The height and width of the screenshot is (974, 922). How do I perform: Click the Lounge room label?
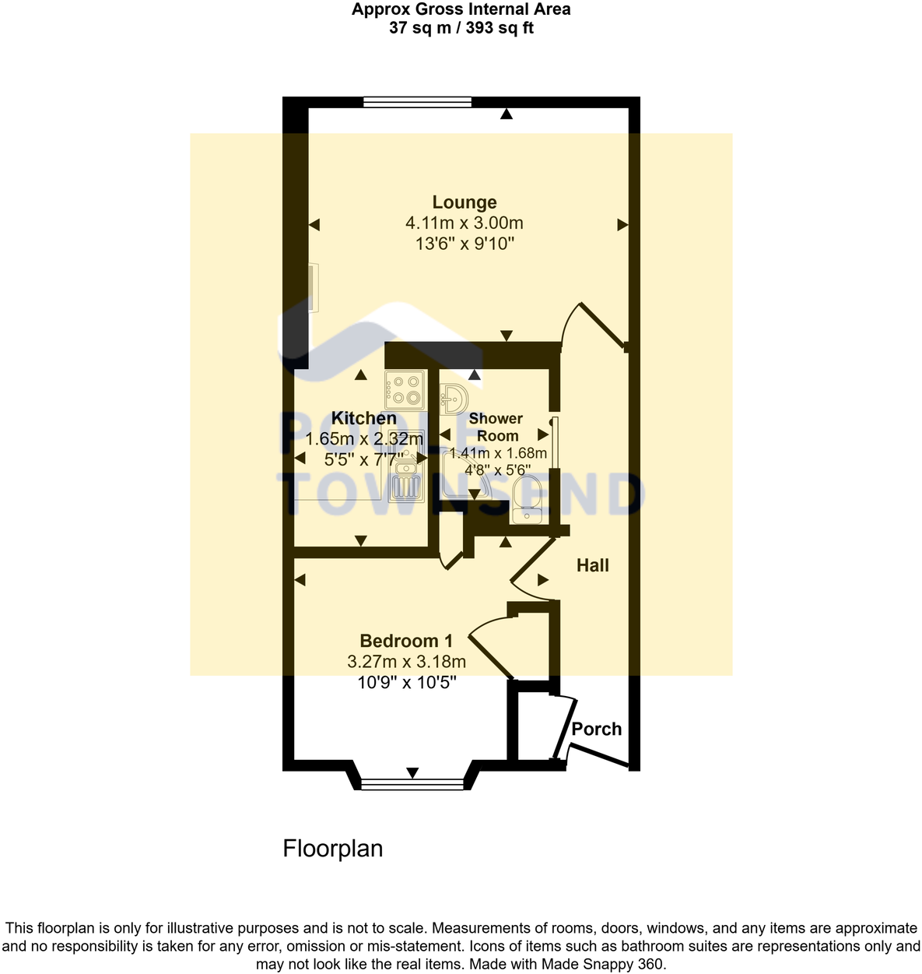tap(465, 202)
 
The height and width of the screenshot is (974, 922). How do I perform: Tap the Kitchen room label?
tap(363, 418)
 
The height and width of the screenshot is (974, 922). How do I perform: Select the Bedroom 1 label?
tap(406, 641)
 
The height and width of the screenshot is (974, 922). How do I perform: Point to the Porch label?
tap(597, 729)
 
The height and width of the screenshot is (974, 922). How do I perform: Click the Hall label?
tap(592, 565)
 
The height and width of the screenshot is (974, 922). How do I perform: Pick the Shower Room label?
tap(496, 427)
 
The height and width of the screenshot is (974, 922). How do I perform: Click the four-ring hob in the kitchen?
tap(405, 390)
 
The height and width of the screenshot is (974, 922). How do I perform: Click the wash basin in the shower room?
tap(453, 397)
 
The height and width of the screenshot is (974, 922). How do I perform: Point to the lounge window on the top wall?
tap(417, 101)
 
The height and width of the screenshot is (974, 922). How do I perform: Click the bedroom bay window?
tap(413, 782)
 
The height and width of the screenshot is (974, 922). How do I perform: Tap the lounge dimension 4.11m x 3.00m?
tap(465, 223)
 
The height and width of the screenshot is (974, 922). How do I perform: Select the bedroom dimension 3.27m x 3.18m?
tap(406, 662)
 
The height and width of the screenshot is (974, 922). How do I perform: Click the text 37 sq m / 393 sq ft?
tap(461, 29)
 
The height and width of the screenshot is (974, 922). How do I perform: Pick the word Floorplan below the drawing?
tap(333, 848)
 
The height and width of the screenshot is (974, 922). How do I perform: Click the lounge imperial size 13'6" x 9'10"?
tap(465, 244)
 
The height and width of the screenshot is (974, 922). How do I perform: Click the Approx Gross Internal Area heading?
tap(461, 10)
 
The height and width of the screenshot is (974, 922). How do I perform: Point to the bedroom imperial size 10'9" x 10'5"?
tap(406, 683)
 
